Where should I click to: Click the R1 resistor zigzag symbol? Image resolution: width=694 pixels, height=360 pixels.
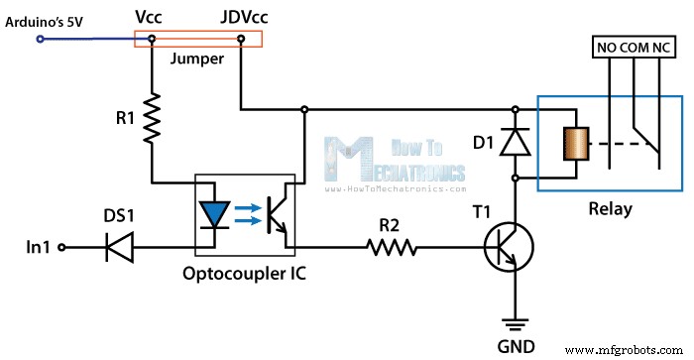click(x=151, y=117)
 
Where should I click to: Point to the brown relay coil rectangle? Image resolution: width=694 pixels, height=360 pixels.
click(x=573, y=145)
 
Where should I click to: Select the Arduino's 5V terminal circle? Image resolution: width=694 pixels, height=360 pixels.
click(x=41, y=40)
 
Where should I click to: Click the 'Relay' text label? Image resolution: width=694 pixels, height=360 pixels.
click(x=609, y=209)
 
